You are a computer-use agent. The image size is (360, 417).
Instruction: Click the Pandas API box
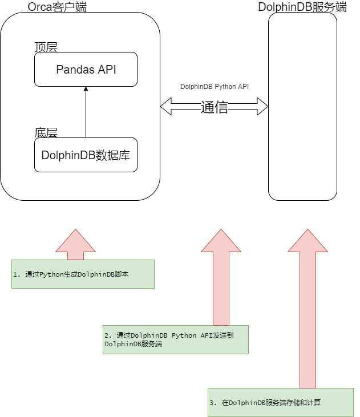pos(86,69)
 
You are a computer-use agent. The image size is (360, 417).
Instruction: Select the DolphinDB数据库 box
pos(86,155)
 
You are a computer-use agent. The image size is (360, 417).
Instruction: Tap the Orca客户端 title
pos(61,7)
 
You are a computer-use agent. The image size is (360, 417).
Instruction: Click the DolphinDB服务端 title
pos(302,7)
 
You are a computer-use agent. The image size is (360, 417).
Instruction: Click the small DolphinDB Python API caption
pos(214,87)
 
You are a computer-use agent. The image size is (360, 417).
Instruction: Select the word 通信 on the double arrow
pos(214,107)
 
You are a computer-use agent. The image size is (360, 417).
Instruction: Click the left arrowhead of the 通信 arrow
pos(167,106)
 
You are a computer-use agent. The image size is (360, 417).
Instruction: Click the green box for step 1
pos(83,274)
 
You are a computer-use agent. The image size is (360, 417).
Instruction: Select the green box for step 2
pos(175,340)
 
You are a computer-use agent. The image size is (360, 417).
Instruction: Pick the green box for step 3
pos(280,402)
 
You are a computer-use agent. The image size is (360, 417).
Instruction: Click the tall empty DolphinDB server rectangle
pos(302,106)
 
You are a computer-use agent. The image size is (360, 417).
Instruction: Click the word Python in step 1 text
pos(51,274)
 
